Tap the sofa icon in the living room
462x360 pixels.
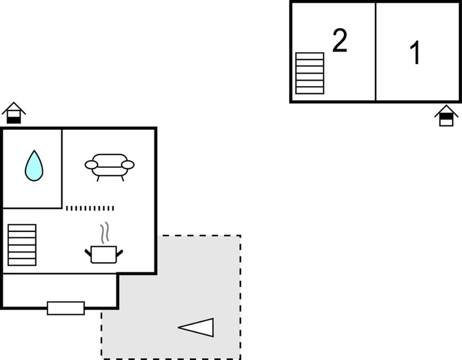[x=109, y=165]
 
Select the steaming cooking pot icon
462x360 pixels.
[x=103, y=253]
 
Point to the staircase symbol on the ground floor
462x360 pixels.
[x=22, y=245]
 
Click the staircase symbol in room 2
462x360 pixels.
[x=310, y=73]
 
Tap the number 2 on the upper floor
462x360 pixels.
[x=339, y=41]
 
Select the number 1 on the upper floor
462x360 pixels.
[x=415, y=53]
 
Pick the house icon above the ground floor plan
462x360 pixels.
[x=14, y=113]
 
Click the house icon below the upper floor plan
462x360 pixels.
[x=446, y=116]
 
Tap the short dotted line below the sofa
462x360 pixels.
[x=90, y=208]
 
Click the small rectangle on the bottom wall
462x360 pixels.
[x=66, y=308]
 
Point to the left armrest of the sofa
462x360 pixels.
[x=91, y=165]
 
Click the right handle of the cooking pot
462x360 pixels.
[x=119, y=252]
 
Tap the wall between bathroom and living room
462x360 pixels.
[x=62, y=168]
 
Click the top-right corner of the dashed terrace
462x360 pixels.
[x=240, y=236]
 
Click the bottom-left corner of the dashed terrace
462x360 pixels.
[x=102, y=358]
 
